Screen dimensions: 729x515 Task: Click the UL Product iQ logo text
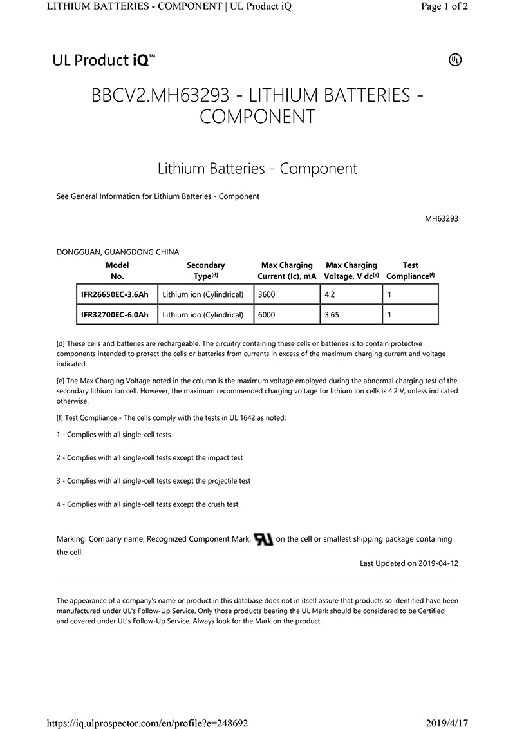click(104, 61)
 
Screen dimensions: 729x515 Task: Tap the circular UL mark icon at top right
click(454, 61)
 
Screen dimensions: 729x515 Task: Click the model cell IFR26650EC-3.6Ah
click(115, 294)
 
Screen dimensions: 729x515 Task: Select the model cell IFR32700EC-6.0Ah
click(115, 315)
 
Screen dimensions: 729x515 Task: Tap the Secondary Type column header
click(205, 270)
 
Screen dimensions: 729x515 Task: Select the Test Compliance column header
click(410, 270)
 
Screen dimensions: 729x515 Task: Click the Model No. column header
click(117, 270)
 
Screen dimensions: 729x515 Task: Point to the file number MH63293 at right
click(441, 218)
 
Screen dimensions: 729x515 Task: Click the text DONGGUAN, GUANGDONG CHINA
click(118, 252)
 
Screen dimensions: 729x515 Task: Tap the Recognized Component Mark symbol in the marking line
click(263, 539)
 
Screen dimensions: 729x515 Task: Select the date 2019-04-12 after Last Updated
click(438, 563)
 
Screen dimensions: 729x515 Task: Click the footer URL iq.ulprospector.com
click(148, 723)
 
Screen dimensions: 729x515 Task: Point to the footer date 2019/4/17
click(447, 723)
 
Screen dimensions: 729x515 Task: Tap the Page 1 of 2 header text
click(444, 6)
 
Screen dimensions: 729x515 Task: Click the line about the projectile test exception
click(153, 481)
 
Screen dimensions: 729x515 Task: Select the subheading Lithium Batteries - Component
click(257, 169)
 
